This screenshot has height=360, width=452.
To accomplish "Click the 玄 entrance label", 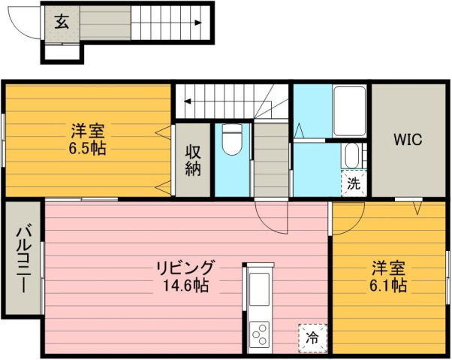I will (62, 21).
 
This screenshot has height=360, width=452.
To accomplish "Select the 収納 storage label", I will (193, 160).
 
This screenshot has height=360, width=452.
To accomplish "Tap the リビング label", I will (185, 268).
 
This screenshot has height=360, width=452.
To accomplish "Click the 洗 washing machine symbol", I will (354, 182).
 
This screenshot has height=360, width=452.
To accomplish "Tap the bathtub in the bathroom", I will (349, 111).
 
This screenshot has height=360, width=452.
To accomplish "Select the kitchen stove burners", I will (260, 331).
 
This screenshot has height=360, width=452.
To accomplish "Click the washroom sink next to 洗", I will (351, 156).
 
